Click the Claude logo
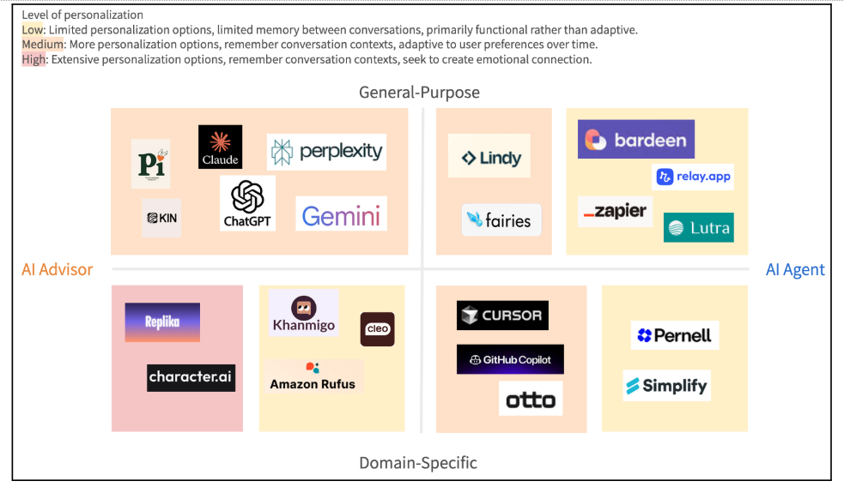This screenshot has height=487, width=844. click(x=220, y=147)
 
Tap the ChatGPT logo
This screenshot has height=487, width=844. click(x=247, y=203)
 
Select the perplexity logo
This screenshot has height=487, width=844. click(x=326, y=153)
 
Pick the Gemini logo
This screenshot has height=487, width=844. click(x=341, y=214)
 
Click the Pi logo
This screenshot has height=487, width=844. click(x=151, y=164)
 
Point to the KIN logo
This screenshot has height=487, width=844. click(x=161, y=218)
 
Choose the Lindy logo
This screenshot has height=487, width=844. click(x=489, y=157)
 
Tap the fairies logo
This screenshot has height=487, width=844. click(x=501, y=220)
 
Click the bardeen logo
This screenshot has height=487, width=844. click(x=635, y=140)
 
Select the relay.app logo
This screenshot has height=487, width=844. click(x=693, y=177)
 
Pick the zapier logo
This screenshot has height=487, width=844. click(x=615, y=211)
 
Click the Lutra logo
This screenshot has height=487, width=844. click(x=699, y=227)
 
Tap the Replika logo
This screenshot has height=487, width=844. click(x=162, y=322)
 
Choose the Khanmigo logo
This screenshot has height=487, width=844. click(x=303, y=314)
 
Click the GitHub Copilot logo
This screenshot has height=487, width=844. click(x=510, y=360)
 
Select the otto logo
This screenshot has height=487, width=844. click(x=531, y=399)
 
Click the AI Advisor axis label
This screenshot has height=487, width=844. click(x=58, y=269)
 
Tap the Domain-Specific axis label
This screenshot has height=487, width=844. click(x=418, y=463)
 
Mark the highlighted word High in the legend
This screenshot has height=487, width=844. click(x=33, y=60)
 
